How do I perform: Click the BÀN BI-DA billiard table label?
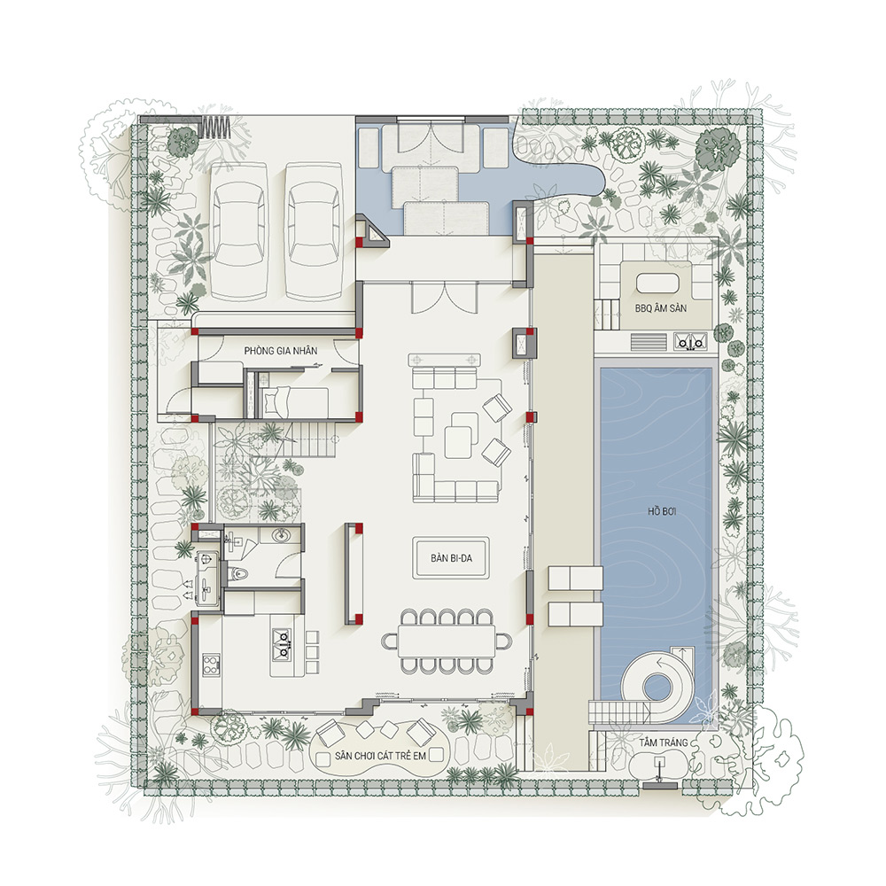coord(451,558)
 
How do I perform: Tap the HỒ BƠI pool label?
coord(662,512)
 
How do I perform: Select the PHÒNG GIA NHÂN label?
coord(280,351)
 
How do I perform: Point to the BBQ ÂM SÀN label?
coord(661,308)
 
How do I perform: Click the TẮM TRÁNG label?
coord(664,742)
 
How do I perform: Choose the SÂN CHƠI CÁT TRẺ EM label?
coord(380,756)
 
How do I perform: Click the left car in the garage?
coord(239,231)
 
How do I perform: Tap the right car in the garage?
coord(314,231)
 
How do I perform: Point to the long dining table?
coord(447,641)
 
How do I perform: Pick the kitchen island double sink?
coord(282,645)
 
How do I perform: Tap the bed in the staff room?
coord(295,402)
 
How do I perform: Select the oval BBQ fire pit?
coord(657,283)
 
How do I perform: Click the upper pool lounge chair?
coord(575,578)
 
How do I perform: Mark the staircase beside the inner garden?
coord(315,440)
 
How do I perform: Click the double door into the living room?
coord(444,298)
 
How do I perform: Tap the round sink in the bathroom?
coord(280,534)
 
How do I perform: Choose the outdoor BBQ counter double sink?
coord(690,342)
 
